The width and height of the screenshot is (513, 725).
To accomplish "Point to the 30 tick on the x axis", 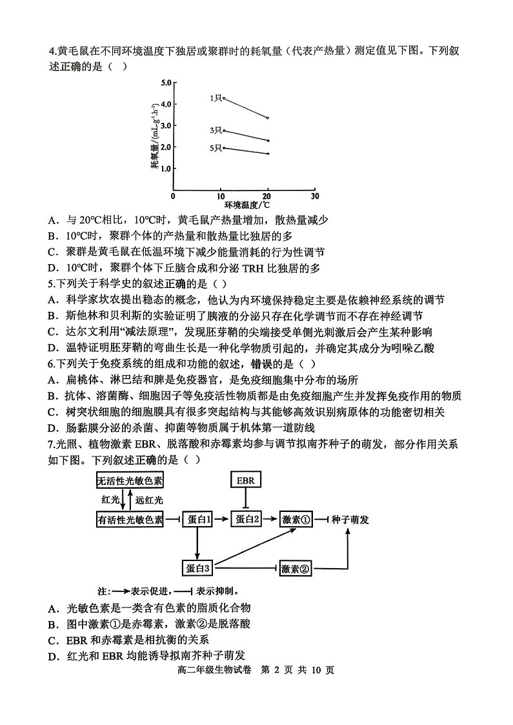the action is click(x=314, y=196).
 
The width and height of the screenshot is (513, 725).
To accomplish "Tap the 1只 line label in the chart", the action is click(x=215, y=97).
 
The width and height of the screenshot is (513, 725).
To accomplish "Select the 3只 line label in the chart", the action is click(x=215, y=130).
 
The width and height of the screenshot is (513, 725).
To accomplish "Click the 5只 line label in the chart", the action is click(x=215, y=148).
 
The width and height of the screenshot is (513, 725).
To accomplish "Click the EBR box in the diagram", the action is click(x=245, y=480).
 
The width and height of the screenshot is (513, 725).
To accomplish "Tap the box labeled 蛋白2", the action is click(x=246, y=520).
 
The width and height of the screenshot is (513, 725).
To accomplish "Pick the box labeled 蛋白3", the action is click(x=198, y=568).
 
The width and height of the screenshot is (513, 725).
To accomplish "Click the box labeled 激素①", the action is click(x=297, y=520).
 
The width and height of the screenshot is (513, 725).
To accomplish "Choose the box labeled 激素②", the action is click(x=297, y=569).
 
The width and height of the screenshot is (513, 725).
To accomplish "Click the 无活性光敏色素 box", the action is click(x=130, y=480).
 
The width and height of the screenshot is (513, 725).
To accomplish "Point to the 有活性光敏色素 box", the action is click(x=130, y=520).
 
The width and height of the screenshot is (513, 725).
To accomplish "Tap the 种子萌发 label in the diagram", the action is click(x=350, y=520).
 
